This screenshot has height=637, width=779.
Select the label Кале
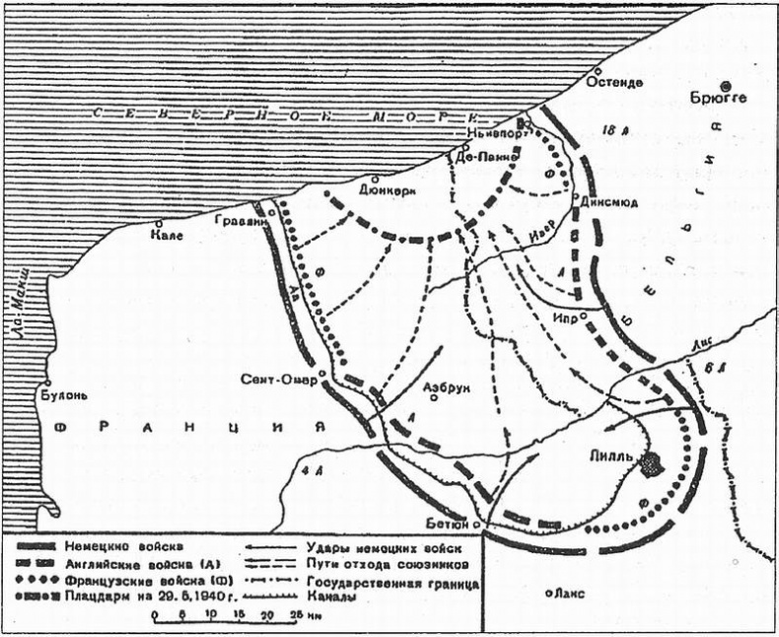pyautogui.click(x=166, y=237)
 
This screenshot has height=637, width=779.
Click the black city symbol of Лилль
pyautogui.click(x=651, y=462)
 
